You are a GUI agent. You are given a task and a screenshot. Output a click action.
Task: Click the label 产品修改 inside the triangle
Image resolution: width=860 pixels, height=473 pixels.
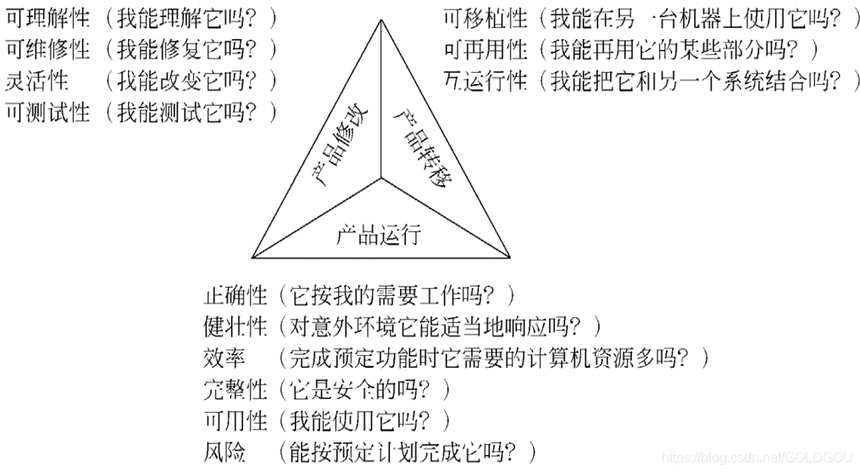pos(337,142)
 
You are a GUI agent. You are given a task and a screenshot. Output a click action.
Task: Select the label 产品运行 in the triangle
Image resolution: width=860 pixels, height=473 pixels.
pos(379,231)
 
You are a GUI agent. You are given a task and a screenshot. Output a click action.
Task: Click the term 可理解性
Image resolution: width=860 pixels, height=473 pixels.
pos(47,19)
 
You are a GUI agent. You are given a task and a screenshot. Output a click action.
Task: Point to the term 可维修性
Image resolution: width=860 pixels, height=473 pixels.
pos(47,49)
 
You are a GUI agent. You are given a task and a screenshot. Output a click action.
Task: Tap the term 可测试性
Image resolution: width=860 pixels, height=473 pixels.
pos(47,111)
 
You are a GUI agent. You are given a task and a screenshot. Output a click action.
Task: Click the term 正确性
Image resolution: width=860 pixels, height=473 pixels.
pos(236,296)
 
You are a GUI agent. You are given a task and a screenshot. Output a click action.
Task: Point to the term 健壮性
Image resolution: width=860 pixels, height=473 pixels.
pos(236,326)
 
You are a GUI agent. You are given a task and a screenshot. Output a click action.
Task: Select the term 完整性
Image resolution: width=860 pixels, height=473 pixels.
pos(236,388)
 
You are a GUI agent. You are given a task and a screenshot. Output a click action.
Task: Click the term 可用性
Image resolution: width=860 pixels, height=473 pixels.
pos(236,420)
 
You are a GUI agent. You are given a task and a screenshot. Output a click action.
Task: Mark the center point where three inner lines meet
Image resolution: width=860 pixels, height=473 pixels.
pos(380,179)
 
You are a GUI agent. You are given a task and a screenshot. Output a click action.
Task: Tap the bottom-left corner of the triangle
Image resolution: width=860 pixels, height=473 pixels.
pos(252,255)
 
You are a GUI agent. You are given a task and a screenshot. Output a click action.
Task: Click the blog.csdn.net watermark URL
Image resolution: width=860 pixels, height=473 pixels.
pos(759,458)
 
